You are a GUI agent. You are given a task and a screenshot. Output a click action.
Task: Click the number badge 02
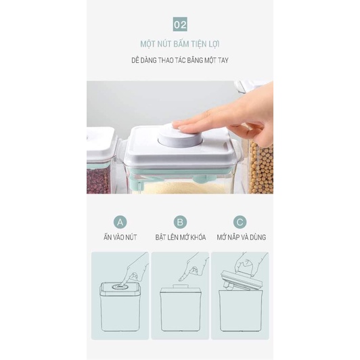[180, 25]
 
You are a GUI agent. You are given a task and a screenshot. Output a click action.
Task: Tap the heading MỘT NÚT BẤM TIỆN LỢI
[180, 44]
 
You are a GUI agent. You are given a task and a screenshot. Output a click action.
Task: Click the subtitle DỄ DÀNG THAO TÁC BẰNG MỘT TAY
[180, 60]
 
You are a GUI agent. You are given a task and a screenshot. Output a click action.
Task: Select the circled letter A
[120, 222]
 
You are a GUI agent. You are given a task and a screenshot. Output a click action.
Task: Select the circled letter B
[180, 222]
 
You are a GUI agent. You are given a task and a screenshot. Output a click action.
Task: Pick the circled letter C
[240, 222]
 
